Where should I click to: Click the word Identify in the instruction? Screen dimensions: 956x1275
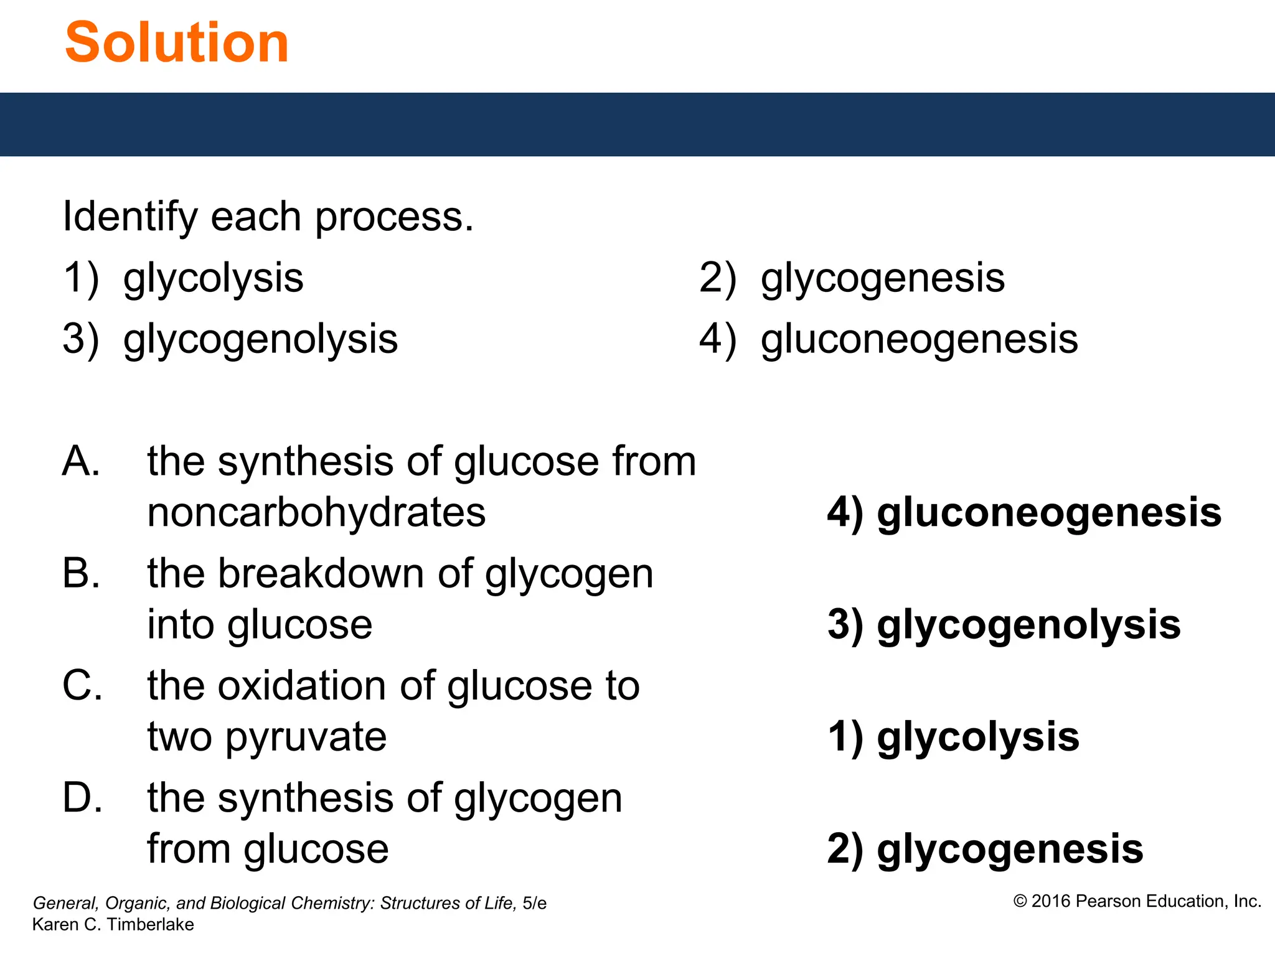(x=130, y=217)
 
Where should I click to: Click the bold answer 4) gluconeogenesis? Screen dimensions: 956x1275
(x=1024, y=513)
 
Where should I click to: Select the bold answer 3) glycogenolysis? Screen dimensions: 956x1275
(x=1004, y=625)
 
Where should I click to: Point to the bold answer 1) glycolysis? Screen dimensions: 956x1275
(x=953, y=737)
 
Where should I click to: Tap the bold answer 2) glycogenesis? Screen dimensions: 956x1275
(x=985, y=849)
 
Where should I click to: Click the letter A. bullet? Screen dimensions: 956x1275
(x=81, y=461)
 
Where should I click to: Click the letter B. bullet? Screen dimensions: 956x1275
(x=81, y=573)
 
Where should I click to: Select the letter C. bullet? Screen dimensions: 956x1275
(x=82, y=685)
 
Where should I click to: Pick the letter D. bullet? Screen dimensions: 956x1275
(x=82, y=797)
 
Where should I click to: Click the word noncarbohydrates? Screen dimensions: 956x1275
(x=316, y=513)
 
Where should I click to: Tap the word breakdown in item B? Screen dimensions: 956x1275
(x=321, y=573)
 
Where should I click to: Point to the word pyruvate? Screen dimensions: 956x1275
(x=306, y=737)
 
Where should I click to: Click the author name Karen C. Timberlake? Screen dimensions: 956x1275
(x=113, y=924)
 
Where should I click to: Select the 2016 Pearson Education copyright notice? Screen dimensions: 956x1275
(x=1137, y=901)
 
